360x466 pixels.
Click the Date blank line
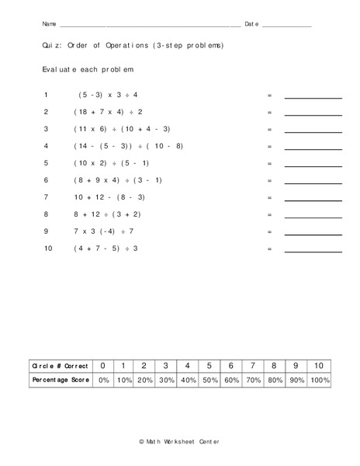287,26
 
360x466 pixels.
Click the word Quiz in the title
52,46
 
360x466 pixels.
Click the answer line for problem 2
313,115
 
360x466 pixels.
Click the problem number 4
47,146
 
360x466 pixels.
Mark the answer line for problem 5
313,166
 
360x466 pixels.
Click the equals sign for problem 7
269,197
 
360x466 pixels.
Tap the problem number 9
47,231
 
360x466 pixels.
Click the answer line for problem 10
313,252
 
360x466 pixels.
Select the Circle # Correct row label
59,365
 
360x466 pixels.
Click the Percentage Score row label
59,381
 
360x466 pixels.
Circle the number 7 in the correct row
252,365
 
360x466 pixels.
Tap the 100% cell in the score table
319,381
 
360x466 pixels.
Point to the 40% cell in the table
188,381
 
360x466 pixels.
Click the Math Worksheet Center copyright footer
180,441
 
